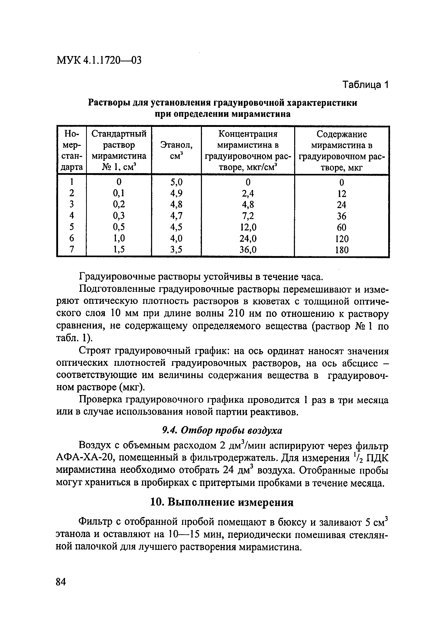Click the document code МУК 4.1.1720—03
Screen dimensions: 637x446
point(99,60)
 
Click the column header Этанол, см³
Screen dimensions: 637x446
point(176,150)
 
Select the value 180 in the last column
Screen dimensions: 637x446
point(341,250)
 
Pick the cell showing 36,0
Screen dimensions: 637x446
point(248,250)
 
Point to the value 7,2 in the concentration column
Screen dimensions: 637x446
point(248,216)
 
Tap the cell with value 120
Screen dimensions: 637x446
point(341,239)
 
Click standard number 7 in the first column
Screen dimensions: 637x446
point(72,250)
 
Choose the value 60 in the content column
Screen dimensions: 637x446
point(341,227)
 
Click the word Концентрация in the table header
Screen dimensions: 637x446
point(248,134)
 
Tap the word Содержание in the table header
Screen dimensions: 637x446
point(342,134)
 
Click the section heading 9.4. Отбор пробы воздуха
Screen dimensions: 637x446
point(222,430)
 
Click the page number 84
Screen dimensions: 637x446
point(61,582)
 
